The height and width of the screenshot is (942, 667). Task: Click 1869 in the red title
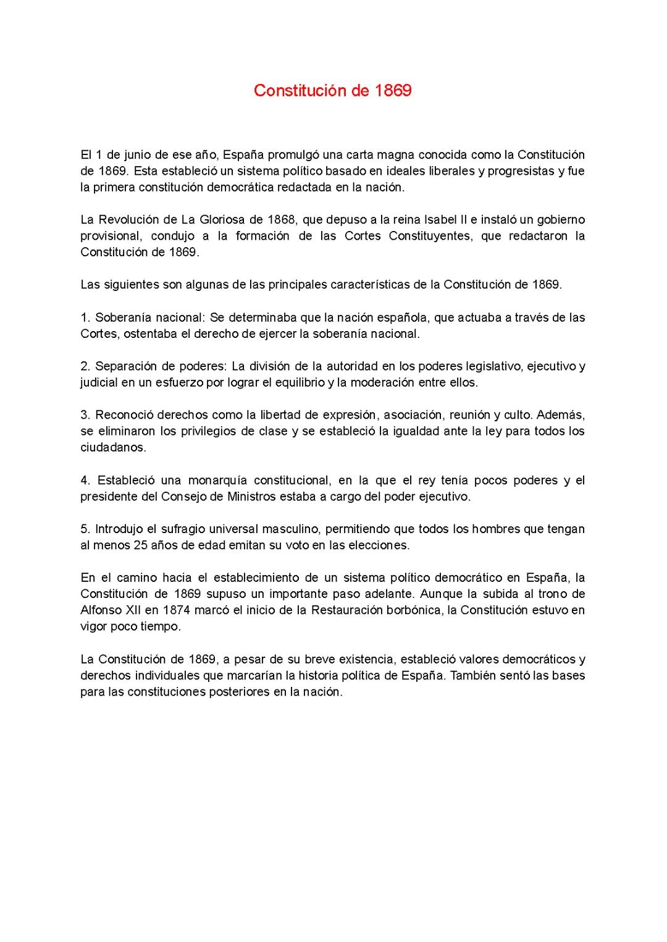point(393,91)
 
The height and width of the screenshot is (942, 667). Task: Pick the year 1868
point(281,219)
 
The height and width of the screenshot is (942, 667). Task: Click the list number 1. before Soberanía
point(85,318)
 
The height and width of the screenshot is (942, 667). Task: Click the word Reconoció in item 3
point(124,414)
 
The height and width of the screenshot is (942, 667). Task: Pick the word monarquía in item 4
point(216,480)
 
